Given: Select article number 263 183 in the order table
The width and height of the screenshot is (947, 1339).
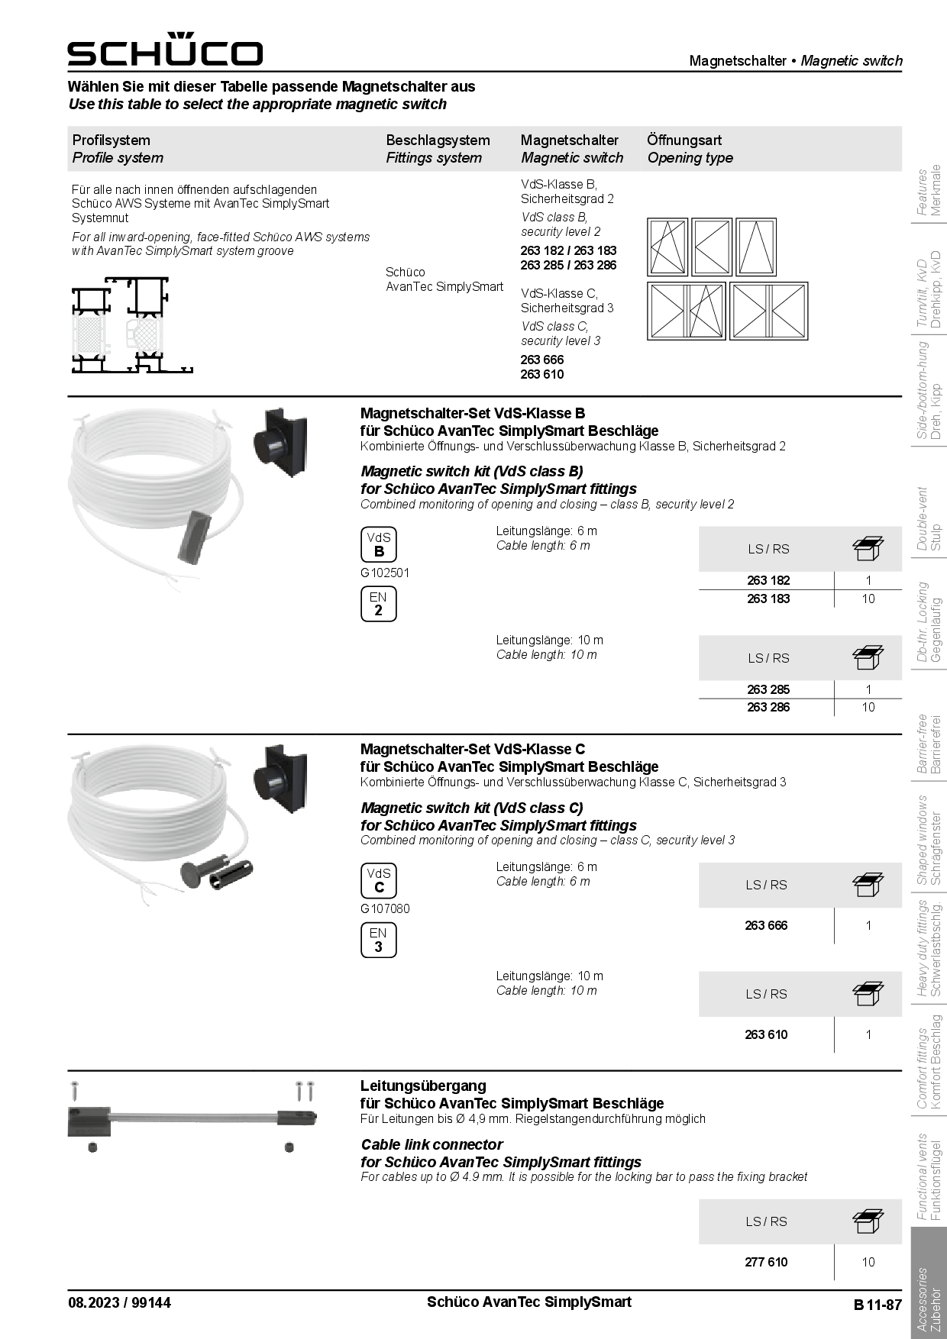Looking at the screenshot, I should [x=768, y=599].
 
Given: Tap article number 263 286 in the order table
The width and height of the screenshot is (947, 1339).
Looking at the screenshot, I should [x=768, y=707].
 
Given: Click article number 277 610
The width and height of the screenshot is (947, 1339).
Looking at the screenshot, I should [x=766, y=1262].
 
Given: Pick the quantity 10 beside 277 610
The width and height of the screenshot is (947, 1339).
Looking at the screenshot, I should [x=868, y=1262].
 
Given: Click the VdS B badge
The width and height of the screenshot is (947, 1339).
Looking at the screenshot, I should [x=379, y=544].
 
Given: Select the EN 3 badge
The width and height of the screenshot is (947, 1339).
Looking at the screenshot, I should [x=378, y=940].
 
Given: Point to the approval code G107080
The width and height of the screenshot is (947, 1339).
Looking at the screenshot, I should [x=385, y=908].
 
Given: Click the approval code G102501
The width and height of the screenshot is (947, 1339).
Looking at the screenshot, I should [x=385, y=573].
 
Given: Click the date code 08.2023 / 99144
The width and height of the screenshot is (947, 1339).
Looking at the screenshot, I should [x=119, y=1302].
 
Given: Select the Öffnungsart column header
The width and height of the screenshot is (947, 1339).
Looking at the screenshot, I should [x=684, y=140].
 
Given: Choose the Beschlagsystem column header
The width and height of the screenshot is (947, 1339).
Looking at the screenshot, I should [x=438, y=140].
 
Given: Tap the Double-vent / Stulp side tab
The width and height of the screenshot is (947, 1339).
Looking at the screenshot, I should [x=929, y=518].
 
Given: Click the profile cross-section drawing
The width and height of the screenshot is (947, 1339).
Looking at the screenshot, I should [x=131, y=324].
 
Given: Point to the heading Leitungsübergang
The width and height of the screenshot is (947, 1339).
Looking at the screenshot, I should [x=423, y=1086].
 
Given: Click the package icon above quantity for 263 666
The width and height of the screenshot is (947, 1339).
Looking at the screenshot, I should [x=868, y=885].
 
